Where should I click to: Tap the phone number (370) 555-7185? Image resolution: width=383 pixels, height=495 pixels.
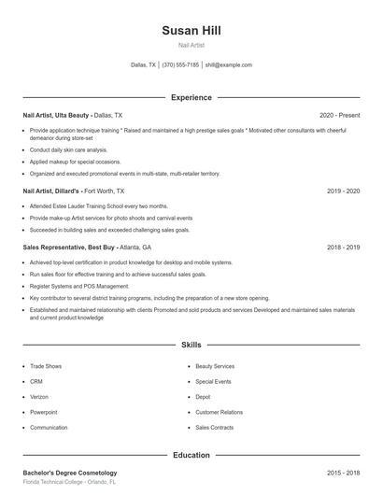180,65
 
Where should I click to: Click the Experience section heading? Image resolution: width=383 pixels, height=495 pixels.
191,97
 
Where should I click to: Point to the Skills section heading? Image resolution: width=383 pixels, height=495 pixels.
191,345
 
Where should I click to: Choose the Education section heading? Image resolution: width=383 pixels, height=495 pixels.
191,455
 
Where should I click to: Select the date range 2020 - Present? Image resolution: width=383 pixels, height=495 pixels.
339,115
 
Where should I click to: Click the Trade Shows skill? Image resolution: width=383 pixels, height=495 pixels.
46,367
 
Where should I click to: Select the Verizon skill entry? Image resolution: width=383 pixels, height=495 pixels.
40,397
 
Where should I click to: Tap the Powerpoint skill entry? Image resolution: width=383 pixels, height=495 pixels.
44,412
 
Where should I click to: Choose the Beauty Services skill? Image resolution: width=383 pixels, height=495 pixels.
215,367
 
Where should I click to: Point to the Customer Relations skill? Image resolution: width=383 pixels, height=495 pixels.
219,412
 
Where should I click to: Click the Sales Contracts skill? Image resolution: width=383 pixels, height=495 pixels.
215,427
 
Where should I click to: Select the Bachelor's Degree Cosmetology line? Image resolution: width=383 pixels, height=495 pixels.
70,473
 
